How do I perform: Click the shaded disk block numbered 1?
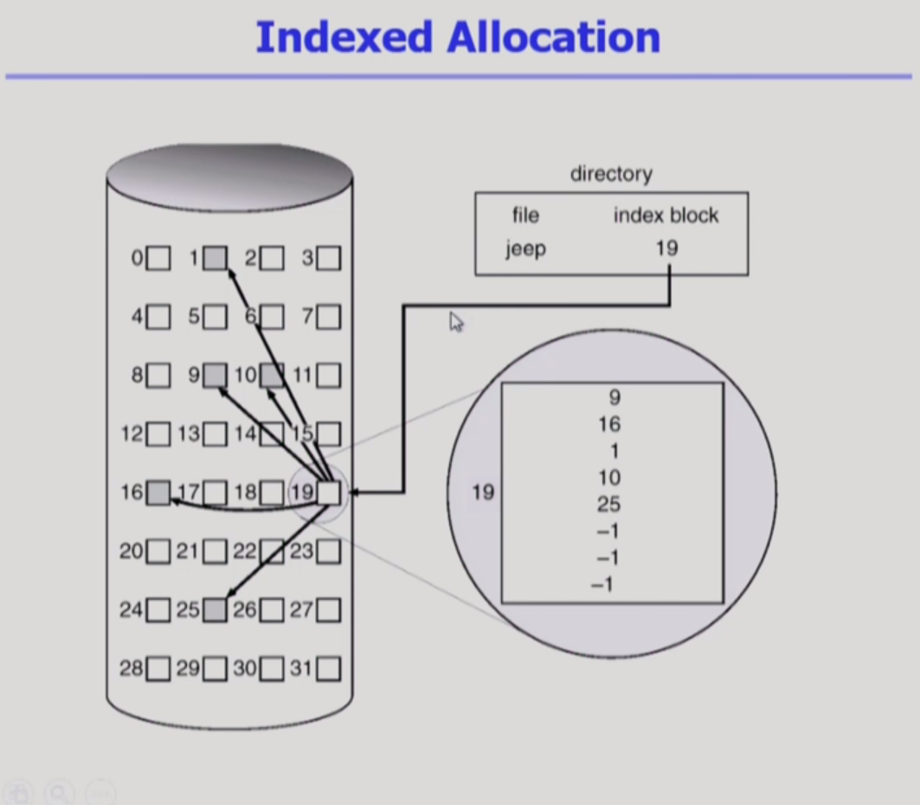coord(216,258)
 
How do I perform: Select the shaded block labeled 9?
coord(216,376)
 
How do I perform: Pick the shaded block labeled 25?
coord(216,610)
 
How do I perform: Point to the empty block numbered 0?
coord(158,258)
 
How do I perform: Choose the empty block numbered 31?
coord(329,668)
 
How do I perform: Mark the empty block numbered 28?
coord(158,668)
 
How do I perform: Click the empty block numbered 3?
coord(329,258)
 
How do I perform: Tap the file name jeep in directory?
coord(526,249)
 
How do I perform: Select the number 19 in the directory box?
coord(666,248)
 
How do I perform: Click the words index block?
coord(666,216)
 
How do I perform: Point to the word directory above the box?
coord(611,174)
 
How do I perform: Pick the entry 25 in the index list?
coord(608,505)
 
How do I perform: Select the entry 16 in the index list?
coord(608,424)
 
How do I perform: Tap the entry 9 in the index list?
coord(614,397)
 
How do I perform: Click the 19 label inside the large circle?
coord(483,493)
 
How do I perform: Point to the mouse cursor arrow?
coord(455,322)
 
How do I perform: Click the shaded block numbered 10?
coord(272,376)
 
